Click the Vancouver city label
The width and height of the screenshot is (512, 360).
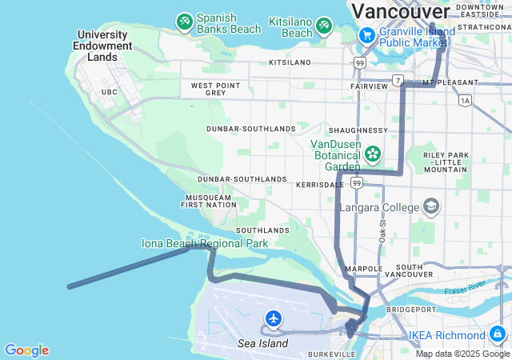[401, 11]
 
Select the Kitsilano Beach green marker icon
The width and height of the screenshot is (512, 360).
[324, 26]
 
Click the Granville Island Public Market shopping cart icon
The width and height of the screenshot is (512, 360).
[367, 35]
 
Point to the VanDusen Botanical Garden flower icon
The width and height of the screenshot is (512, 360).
[372, 152]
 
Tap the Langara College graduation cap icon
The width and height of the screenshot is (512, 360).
[432, 206]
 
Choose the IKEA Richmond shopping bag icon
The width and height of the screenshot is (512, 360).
[498, 333]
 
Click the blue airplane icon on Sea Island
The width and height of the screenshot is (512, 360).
[274, 319]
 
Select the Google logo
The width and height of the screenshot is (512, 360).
[26, 350]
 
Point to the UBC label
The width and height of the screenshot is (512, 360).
[110, 93]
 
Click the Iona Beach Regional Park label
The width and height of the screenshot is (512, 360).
[205, 242]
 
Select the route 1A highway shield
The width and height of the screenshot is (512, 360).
[465, 100]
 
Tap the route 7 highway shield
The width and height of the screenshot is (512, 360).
[397, 80]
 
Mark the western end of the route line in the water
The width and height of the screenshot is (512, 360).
[69, 286]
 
